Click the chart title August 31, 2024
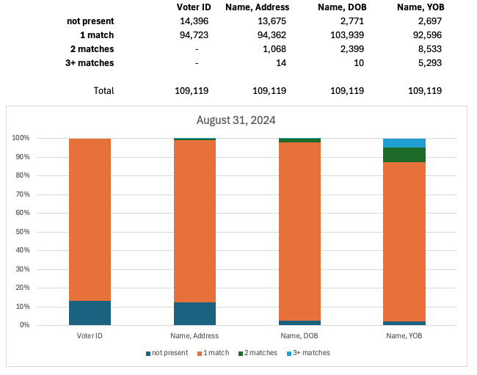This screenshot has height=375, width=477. point(236,120)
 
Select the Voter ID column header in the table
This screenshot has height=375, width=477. point(194,7)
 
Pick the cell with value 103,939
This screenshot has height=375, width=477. point(347,35)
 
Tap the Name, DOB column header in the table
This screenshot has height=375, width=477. point(343,7)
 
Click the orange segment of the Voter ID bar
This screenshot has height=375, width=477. point(90,220)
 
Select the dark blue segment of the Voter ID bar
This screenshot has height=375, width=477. point(90,313)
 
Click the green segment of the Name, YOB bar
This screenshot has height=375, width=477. point(404,155)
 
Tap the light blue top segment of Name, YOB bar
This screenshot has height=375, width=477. point(404,142)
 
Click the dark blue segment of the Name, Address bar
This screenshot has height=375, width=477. point(194,313)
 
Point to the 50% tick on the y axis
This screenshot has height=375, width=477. point(21,232)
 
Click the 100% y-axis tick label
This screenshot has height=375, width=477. point(19,138)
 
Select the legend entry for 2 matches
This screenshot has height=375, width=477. point(258,353)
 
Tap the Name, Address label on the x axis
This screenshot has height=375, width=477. point(194,335)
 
